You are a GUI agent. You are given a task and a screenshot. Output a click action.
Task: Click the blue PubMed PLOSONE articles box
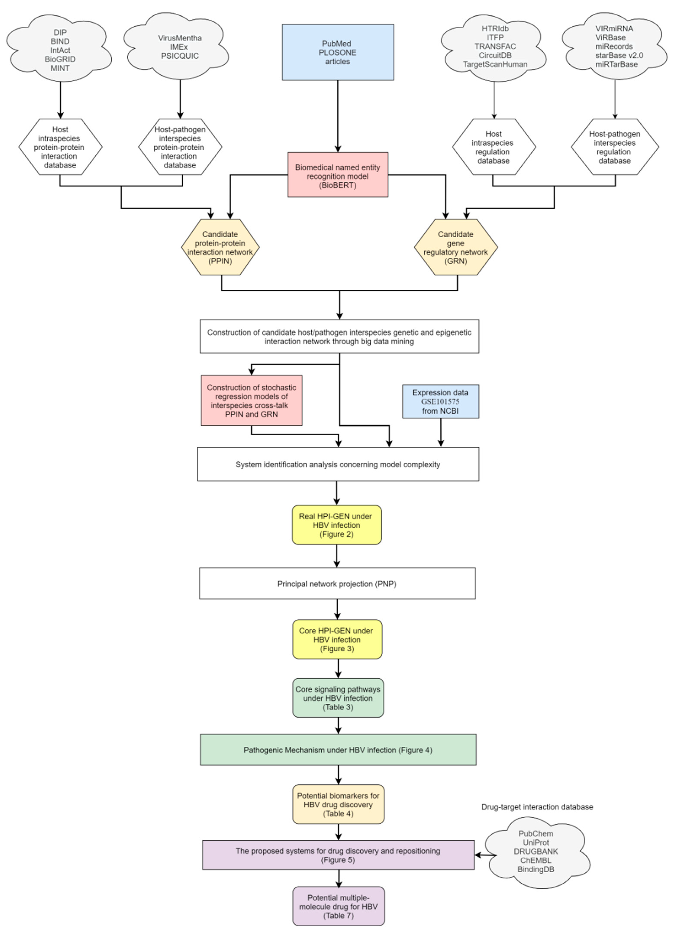338,52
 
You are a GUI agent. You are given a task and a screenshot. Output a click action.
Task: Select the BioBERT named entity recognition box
338,175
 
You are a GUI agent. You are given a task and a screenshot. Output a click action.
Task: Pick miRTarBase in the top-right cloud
616,64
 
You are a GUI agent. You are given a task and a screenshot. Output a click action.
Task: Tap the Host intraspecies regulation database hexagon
494,147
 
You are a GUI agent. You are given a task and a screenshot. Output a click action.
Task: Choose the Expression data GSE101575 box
440,401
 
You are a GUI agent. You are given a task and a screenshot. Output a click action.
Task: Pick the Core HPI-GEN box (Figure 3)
337,639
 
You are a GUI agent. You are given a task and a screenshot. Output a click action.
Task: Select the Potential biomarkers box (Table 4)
338,804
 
